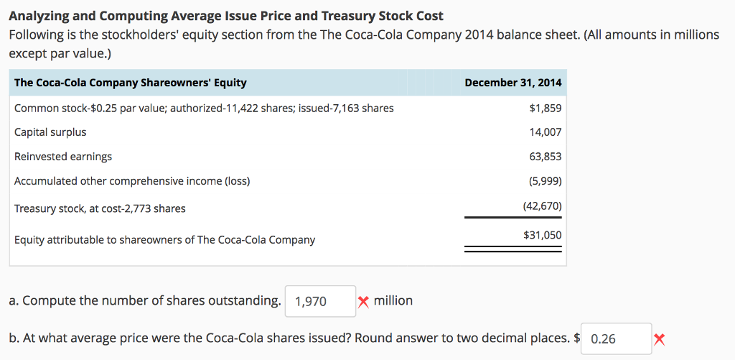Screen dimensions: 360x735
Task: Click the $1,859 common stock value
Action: pos(546,109)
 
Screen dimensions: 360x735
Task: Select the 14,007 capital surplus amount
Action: pos(546,132)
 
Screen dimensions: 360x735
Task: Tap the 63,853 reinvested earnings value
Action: pos(546,157)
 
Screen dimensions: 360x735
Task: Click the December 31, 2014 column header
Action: pos(513,83)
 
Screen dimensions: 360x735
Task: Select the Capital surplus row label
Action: pos(50,132)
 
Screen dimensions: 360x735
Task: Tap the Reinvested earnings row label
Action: pos(63,157)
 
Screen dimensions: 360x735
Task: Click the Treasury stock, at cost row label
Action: pos(100,208)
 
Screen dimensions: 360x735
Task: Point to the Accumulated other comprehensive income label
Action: pos(132,181)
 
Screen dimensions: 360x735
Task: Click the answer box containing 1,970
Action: pos(320,302)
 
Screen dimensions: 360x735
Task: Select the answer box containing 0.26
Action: pos(616,338)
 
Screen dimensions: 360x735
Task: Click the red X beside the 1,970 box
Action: pos(364,302)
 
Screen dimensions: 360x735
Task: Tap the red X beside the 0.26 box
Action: pos(660,339)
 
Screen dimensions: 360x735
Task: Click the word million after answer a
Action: pos(393,300)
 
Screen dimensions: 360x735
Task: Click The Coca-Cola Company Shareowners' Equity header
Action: pos(131,83)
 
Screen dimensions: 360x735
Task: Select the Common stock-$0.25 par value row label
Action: pos(204,109)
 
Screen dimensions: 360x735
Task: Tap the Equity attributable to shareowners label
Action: pos(164,240)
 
